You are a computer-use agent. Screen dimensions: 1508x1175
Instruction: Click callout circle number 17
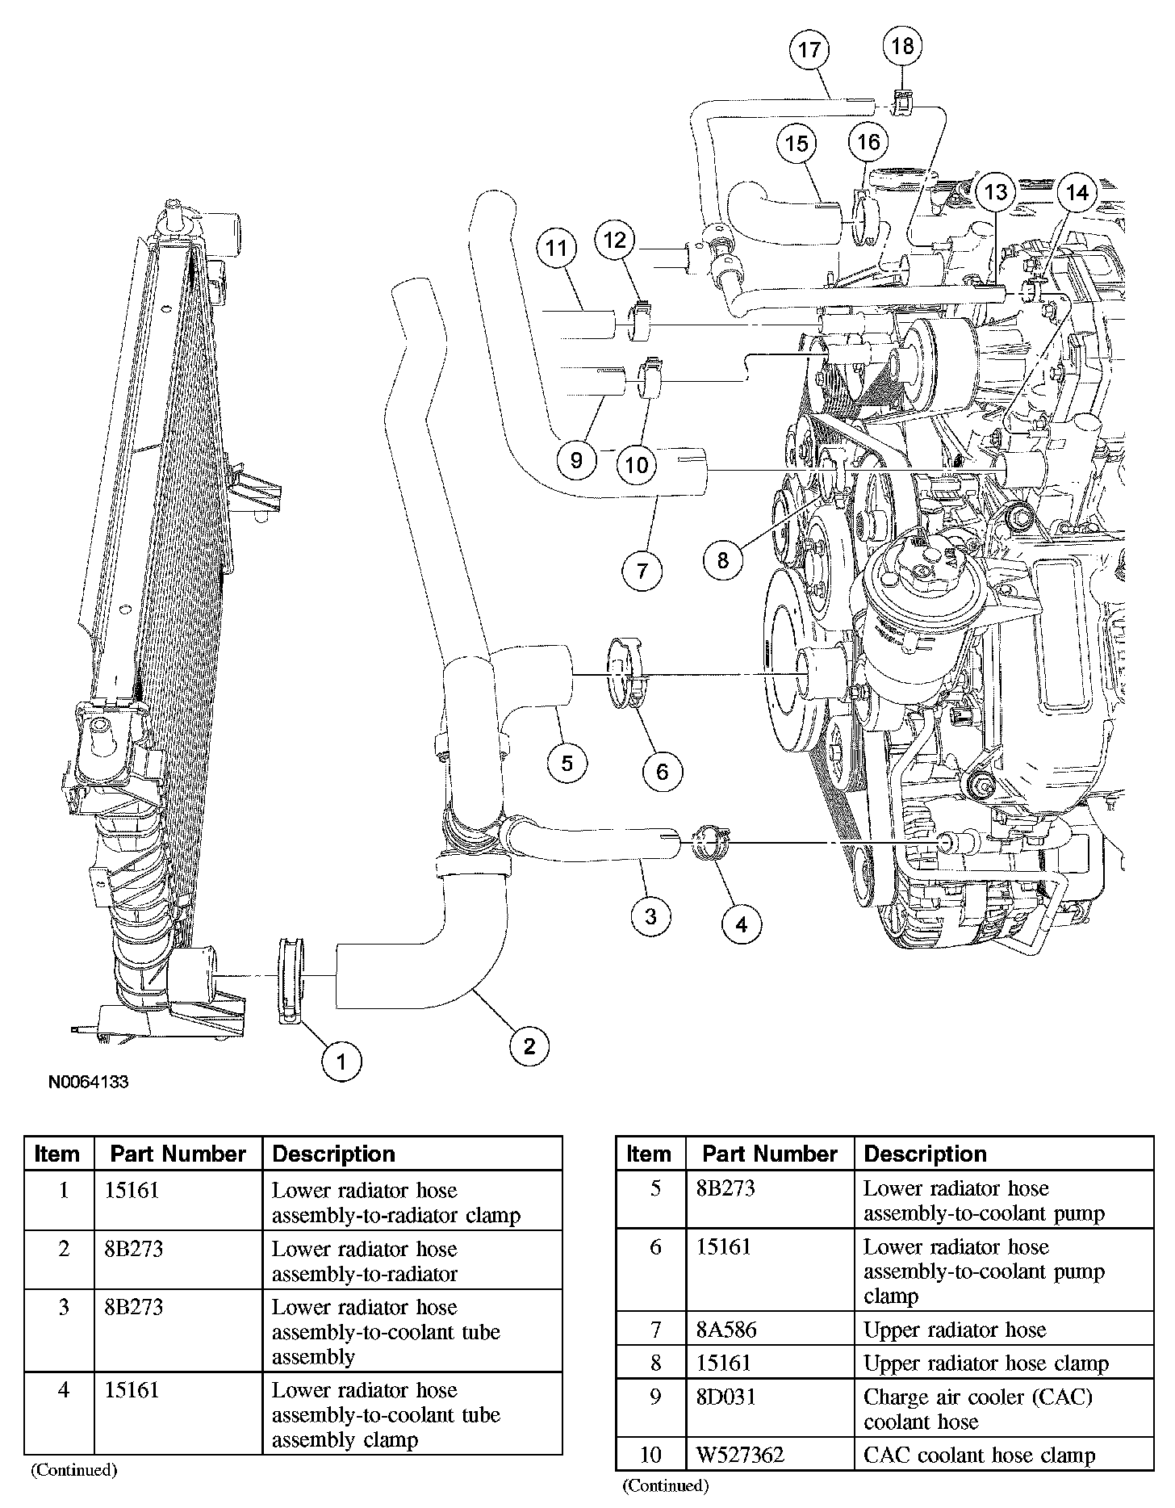809,50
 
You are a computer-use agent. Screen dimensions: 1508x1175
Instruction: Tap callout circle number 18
902,46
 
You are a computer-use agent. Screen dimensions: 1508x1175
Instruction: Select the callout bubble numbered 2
529,1047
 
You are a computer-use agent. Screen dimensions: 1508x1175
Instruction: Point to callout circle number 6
663,773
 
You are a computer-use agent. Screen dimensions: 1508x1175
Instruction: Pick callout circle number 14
1077,193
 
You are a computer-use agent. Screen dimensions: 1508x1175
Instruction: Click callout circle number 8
722,559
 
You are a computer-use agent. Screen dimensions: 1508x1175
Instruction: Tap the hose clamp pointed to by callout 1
291,980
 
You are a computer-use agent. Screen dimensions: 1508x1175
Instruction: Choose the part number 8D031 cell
725,1396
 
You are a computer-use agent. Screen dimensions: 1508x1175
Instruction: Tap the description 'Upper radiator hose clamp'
985,1363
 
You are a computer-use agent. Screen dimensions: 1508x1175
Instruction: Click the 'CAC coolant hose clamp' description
979,1456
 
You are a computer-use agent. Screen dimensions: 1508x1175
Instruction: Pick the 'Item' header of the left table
57,1154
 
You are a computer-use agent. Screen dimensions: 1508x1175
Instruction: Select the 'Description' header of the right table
925,1154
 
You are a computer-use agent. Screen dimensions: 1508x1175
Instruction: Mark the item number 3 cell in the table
63,1307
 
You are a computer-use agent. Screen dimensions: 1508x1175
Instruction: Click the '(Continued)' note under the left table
74,1470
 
